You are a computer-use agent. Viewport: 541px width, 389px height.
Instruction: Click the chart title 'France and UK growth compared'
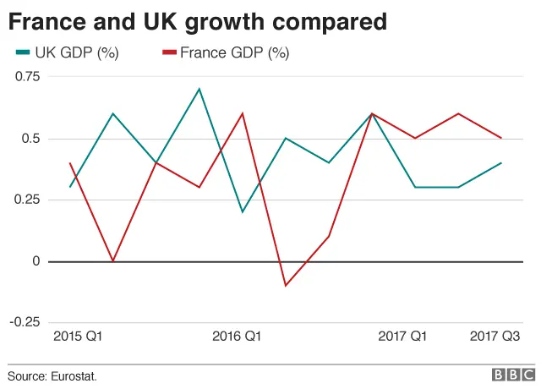[198, 19]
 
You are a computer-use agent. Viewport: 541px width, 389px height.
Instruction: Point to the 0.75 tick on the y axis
[26, 77]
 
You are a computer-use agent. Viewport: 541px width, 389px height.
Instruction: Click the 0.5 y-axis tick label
[30, 139]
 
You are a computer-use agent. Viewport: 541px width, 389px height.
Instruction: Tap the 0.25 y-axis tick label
[26, 200]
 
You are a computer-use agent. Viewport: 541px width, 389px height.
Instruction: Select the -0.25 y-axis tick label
[25, 322]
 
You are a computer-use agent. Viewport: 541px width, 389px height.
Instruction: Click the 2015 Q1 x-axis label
[78, 337]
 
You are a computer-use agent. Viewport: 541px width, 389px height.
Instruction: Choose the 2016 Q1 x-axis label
[237, 337]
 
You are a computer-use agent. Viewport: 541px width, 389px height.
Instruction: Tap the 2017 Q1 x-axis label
[402, 337]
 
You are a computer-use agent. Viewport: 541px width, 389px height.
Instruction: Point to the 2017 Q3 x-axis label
[495, 337]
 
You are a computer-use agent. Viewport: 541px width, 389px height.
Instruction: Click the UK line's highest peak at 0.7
[199, 89]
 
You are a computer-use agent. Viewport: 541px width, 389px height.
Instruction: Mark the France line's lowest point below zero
[286, 285]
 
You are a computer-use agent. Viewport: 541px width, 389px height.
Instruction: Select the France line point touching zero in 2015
[113, 260]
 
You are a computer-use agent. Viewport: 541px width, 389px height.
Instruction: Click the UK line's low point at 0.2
[243, 211]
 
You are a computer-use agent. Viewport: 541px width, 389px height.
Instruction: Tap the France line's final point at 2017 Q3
[501, 138]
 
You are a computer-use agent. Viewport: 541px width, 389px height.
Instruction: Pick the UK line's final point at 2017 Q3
[501, 162]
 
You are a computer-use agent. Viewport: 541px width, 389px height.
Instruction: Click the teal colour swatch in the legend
[23, 53]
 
